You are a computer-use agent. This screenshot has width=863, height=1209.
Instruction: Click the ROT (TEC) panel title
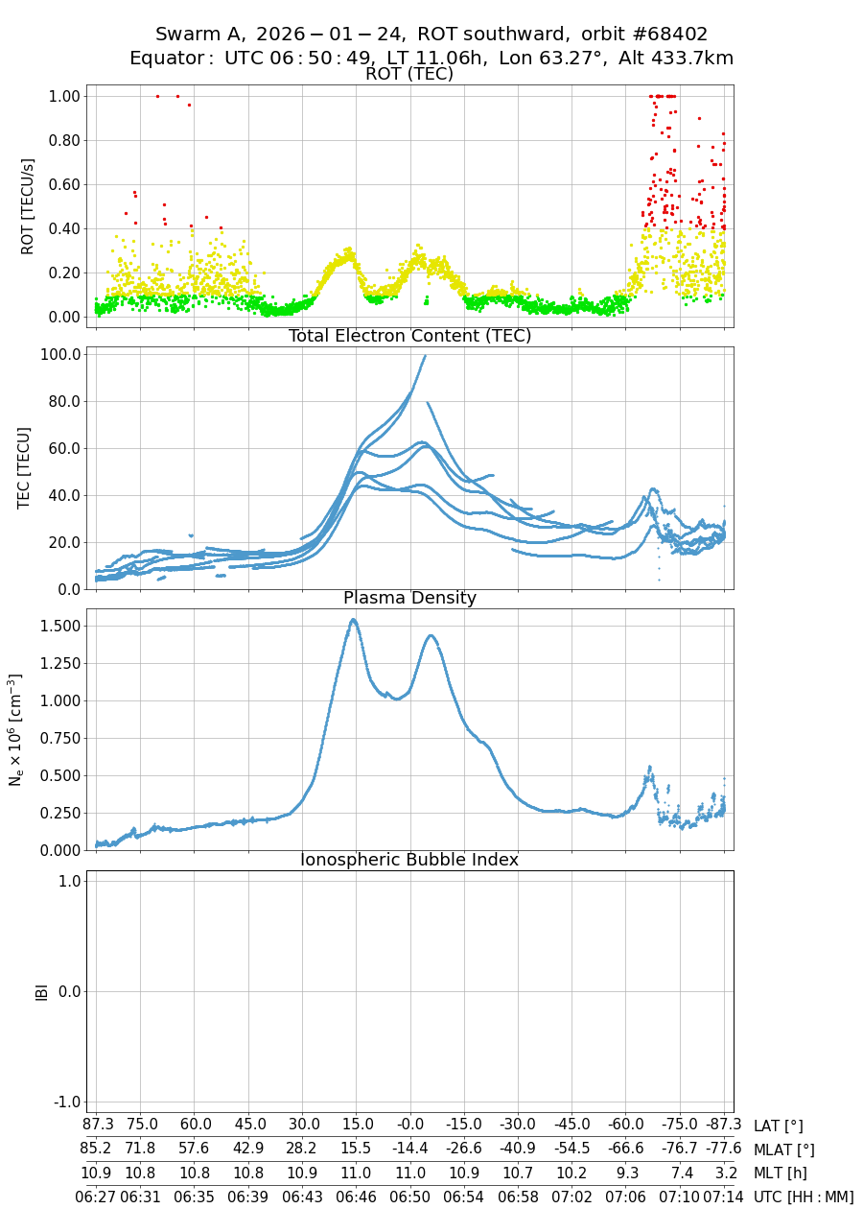point(409,74)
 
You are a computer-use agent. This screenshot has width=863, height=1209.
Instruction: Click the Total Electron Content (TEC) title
point(409,336)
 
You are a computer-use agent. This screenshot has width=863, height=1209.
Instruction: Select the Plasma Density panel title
point(409,598)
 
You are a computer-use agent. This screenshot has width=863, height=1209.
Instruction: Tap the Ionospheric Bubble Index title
point(409,860)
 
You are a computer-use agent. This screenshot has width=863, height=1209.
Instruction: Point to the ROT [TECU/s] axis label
point(27,207)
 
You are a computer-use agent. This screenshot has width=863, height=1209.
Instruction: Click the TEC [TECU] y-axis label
point(25,468)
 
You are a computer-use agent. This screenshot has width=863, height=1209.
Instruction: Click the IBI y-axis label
point(41,991)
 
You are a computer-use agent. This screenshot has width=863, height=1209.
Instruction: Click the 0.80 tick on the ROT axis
point(62,140)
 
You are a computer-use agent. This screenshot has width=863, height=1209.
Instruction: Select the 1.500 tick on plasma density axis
point(58,627)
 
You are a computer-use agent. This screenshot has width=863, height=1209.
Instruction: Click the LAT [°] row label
point(778,1126)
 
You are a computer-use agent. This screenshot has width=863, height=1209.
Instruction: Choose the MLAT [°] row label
point(783,1150)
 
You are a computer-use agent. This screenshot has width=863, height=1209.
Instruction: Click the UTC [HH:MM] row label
point(804,1197)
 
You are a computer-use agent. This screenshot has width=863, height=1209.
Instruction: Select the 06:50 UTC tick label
point(410,1197)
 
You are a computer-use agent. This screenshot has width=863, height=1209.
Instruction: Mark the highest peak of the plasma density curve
point(353,620)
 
